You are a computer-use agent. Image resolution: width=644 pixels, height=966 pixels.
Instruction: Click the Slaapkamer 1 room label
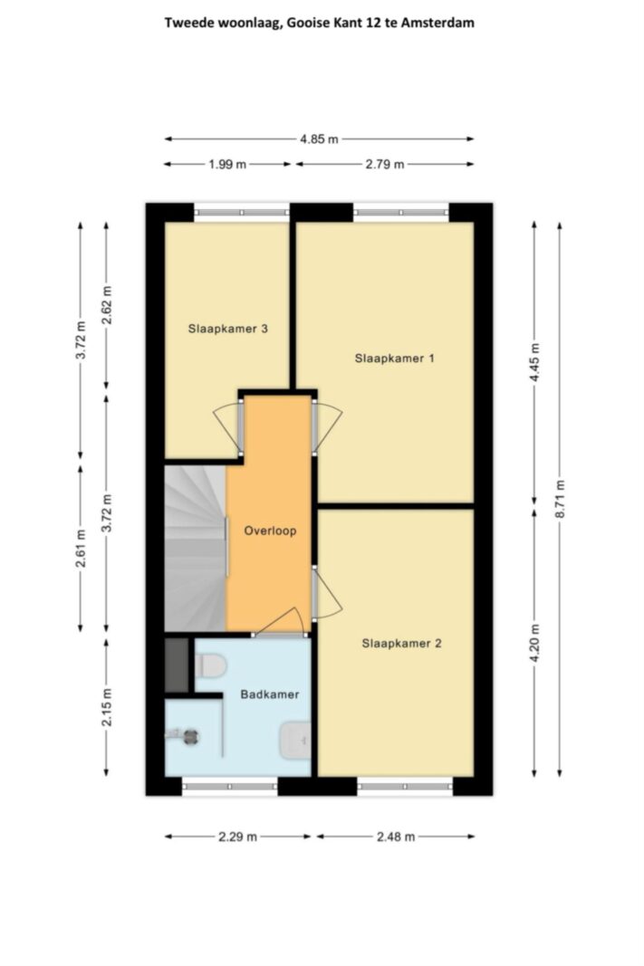[394, 358]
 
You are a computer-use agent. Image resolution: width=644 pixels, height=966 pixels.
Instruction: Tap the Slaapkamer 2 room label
[402, 643]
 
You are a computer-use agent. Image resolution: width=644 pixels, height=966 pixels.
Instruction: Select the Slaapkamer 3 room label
[227, 329]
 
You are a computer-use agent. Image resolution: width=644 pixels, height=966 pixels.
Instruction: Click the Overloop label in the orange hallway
[270, 531]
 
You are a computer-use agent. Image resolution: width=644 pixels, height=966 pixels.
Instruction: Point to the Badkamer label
[269, 694]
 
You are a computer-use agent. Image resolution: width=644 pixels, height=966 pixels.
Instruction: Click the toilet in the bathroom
[211, 665]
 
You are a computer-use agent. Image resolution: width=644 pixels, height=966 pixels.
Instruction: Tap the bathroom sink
[294, 740]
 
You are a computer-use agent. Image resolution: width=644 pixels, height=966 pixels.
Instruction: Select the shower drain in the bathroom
[190, 736]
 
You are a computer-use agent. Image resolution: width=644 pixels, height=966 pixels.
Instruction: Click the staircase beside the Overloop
[196, 549]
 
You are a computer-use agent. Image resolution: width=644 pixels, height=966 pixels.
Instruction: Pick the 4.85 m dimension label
[319, 139]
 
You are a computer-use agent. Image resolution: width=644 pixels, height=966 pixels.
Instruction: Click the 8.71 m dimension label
[560, 499]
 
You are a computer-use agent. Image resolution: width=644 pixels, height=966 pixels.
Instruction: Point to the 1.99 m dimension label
[227, 165]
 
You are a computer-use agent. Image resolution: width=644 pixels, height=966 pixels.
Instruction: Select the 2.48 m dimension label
[396, 837]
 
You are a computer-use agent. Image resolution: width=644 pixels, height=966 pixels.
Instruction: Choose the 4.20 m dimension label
[534, 643]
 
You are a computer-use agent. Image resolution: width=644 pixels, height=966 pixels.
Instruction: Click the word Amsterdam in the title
[437, 23]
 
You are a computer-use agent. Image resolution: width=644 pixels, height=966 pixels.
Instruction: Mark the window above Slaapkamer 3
[242, 213]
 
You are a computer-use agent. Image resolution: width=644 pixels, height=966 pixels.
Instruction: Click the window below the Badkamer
[230, 787]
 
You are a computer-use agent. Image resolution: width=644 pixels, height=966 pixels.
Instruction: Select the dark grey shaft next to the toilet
[177, 665]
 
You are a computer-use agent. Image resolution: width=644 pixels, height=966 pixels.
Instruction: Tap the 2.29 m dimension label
[237, 837]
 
